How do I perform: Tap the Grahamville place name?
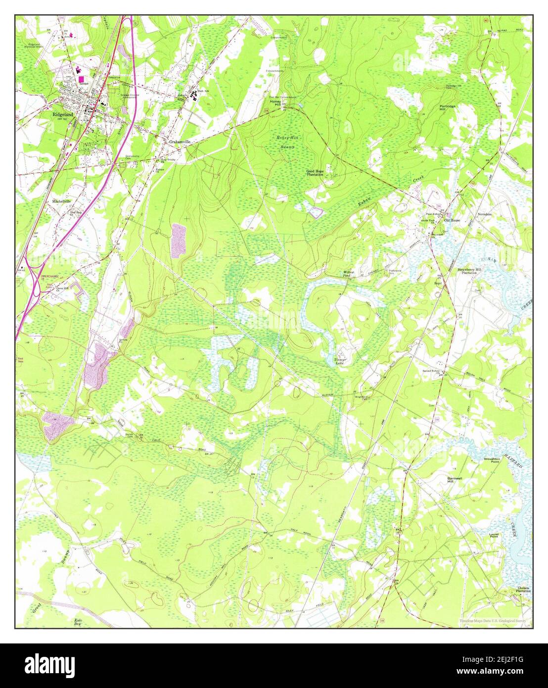(180, 142)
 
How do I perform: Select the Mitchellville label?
(62, 201)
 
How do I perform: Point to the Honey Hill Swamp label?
(285, 142)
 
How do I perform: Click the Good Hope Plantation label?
(315, 172)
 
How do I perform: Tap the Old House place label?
(452, 220)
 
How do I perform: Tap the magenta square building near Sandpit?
(81, 79)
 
